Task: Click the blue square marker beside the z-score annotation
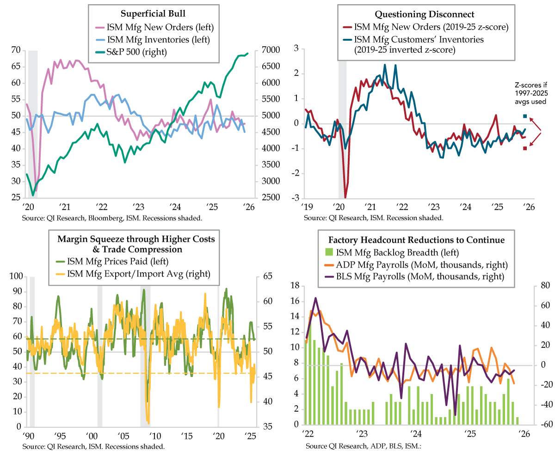tap(524, 116)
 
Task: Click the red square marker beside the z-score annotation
tap(524, 148)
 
